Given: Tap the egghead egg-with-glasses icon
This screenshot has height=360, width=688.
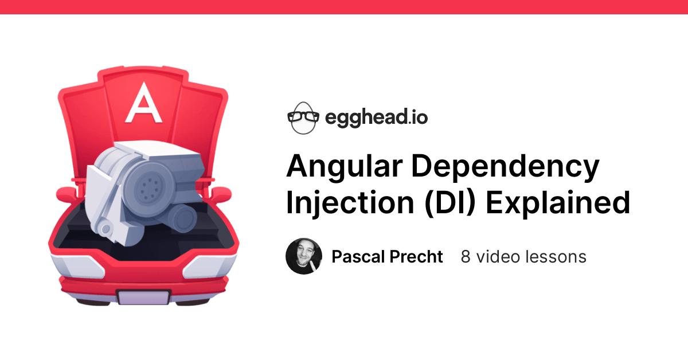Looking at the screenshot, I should [x=302, y=118].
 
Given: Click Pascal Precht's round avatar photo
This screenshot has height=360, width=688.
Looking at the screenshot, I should [x=304, y=256].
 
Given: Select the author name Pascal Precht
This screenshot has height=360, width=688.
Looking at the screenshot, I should [x=387, y=256].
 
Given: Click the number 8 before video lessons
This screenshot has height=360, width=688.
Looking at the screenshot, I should [x=466, y=256].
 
